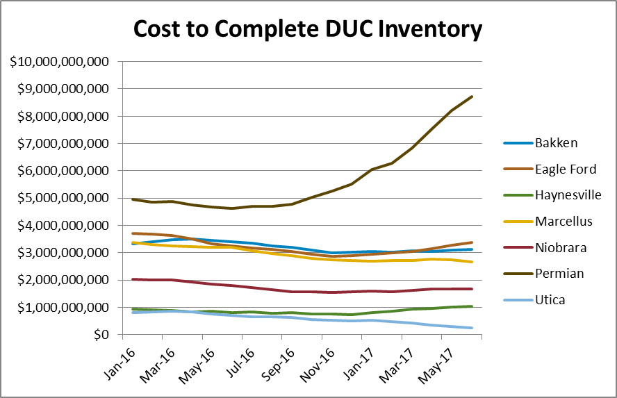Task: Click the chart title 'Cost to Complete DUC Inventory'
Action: (x=308, y=29)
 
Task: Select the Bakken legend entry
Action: (x=555, y=144)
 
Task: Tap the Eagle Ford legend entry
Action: (x=566, y=169)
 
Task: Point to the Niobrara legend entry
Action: (x=561, y=247)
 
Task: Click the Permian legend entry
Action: (x=559, y=274)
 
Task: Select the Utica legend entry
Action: (x=550, y=299)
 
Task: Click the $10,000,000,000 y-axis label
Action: (x=60, y=62)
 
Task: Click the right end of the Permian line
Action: (x=472, y=97)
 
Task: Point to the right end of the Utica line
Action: (x=472, y=328)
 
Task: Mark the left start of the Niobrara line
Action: (x=132, y=279)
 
